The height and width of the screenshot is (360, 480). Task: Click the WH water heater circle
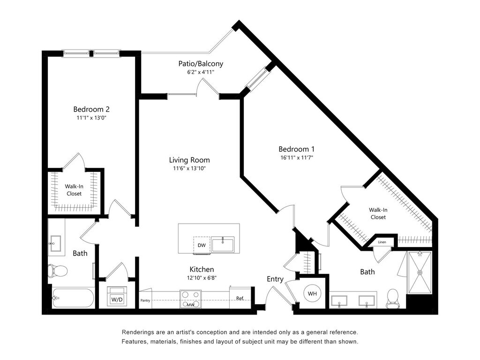click(x=312, y=294)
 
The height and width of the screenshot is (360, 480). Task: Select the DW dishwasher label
click(x=202, y=245)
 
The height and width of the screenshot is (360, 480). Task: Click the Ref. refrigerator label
click(x=240, y=298)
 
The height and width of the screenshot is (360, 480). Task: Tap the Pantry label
click(x=145, y=300)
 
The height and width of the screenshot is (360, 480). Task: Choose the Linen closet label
click(x=382, y=242)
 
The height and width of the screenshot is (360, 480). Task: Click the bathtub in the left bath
click(x=74, y=298)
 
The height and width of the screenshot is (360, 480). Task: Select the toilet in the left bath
click(x=58, y=270)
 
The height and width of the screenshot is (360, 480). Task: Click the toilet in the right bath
click(x=392, y=298)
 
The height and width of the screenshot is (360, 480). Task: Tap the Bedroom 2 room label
click(x=91, y=109)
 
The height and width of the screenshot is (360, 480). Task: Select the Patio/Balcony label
click(x=201, y=64)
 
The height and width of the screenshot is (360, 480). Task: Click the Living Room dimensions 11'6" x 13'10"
click(x=189, y=168)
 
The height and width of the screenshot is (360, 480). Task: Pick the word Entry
click(x=275, y=279)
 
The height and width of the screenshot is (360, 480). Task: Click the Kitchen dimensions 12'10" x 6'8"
click(x=202, y=278)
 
